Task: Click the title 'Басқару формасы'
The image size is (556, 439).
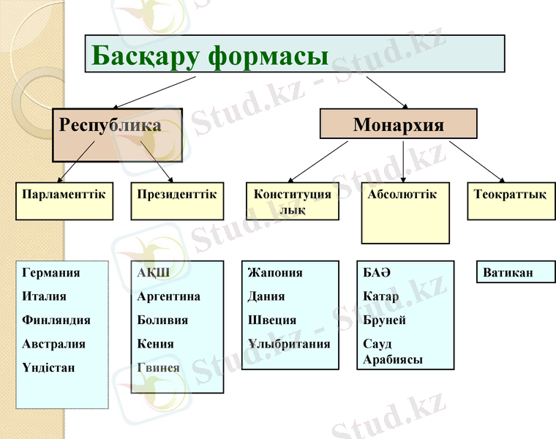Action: (x=209, y=54)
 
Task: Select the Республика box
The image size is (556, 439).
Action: (x=110, y=126)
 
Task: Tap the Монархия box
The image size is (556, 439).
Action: (x=398, y=124)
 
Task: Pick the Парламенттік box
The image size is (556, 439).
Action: (x=64, y=195)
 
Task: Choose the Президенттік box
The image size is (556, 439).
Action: (x=177, y=195)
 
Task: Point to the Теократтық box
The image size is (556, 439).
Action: (x=510, y=195)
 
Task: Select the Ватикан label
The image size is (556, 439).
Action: (x=508, y=273)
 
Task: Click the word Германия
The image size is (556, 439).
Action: (x=51, y=273)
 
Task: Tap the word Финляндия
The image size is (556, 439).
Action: (x=56, y=320)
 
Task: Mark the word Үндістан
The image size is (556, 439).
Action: (x=49, y=368)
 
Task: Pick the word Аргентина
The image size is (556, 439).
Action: (x=168, y=297)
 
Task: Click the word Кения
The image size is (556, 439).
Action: (x=155, y=344)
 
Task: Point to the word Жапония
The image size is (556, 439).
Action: (x=275, y=273)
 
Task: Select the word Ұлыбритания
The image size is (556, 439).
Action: (x=289, y=344)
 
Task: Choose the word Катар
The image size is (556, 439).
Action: (x=381, y=297)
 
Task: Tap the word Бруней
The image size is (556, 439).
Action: (x=384, y=320)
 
